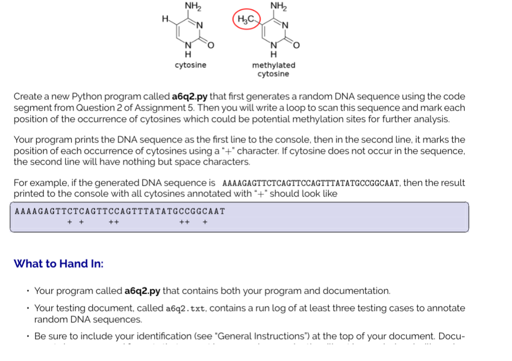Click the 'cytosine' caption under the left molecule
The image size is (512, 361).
click(190, 65)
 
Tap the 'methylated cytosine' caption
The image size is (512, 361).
click(273, 69)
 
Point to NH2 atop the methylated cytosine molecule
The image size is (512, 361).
click(278, 6)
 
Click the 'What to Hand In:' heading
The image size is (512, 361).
click(59, 263)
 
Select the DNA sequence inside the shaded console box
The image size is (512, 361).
click(120, 211)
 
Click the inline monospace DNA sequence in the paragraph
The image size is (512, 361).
click(311, 183)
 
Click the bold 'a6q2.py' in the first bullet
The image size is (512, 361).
click(142, 291)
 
